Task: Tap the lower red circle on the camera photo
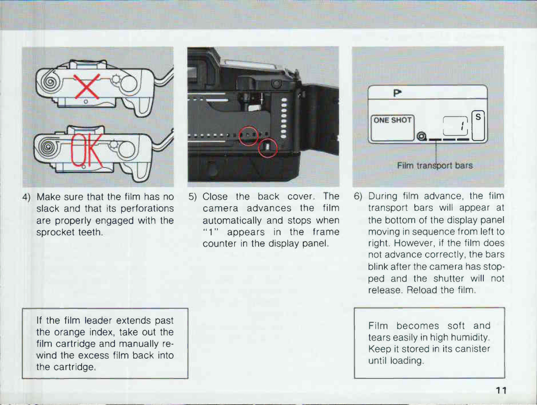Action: tap(267, 147)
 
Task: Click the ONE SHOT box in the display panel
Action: tap(393, 120)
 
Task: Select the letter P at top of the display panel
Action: tap(397, 93)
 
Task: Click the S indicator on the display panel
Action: tap(478, 117)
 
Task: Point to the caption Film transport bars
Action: tap(435, 165)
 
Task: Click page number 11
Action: tap(501, 391)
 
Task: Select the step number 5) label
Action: tap(194, 197)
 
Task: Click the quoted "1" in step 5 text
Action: tap(211, 232)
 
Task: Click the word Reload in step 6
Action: tap(422, 290)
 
